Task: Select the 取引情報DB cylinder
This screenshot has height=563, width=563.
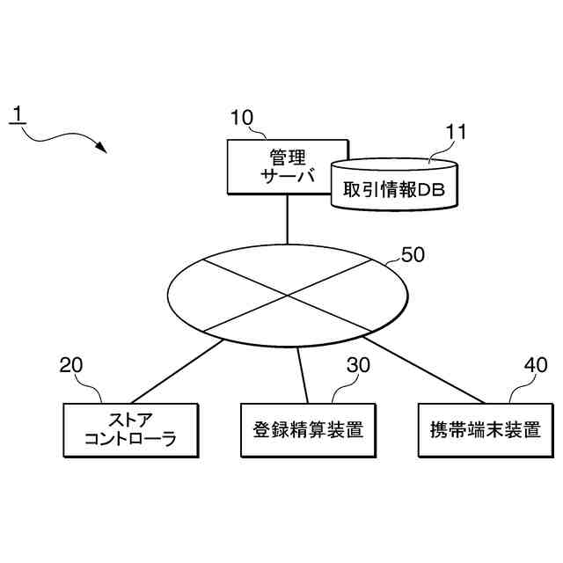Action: click(395, 186)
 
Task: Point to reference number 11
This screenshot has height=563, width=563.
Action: click(456, 132)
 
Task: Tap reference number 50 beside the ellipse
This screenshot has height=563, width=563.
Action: click(413, 255)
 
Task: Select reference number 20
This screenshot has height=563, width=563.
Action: click(71, 365)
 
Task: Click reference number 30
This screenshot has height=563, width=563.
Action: click(358, 365)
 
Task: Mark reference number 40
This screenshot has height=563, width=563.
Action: click(535, 365)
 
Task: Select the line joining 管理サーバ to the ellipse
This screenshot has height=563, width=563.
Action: click(288, 219)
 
